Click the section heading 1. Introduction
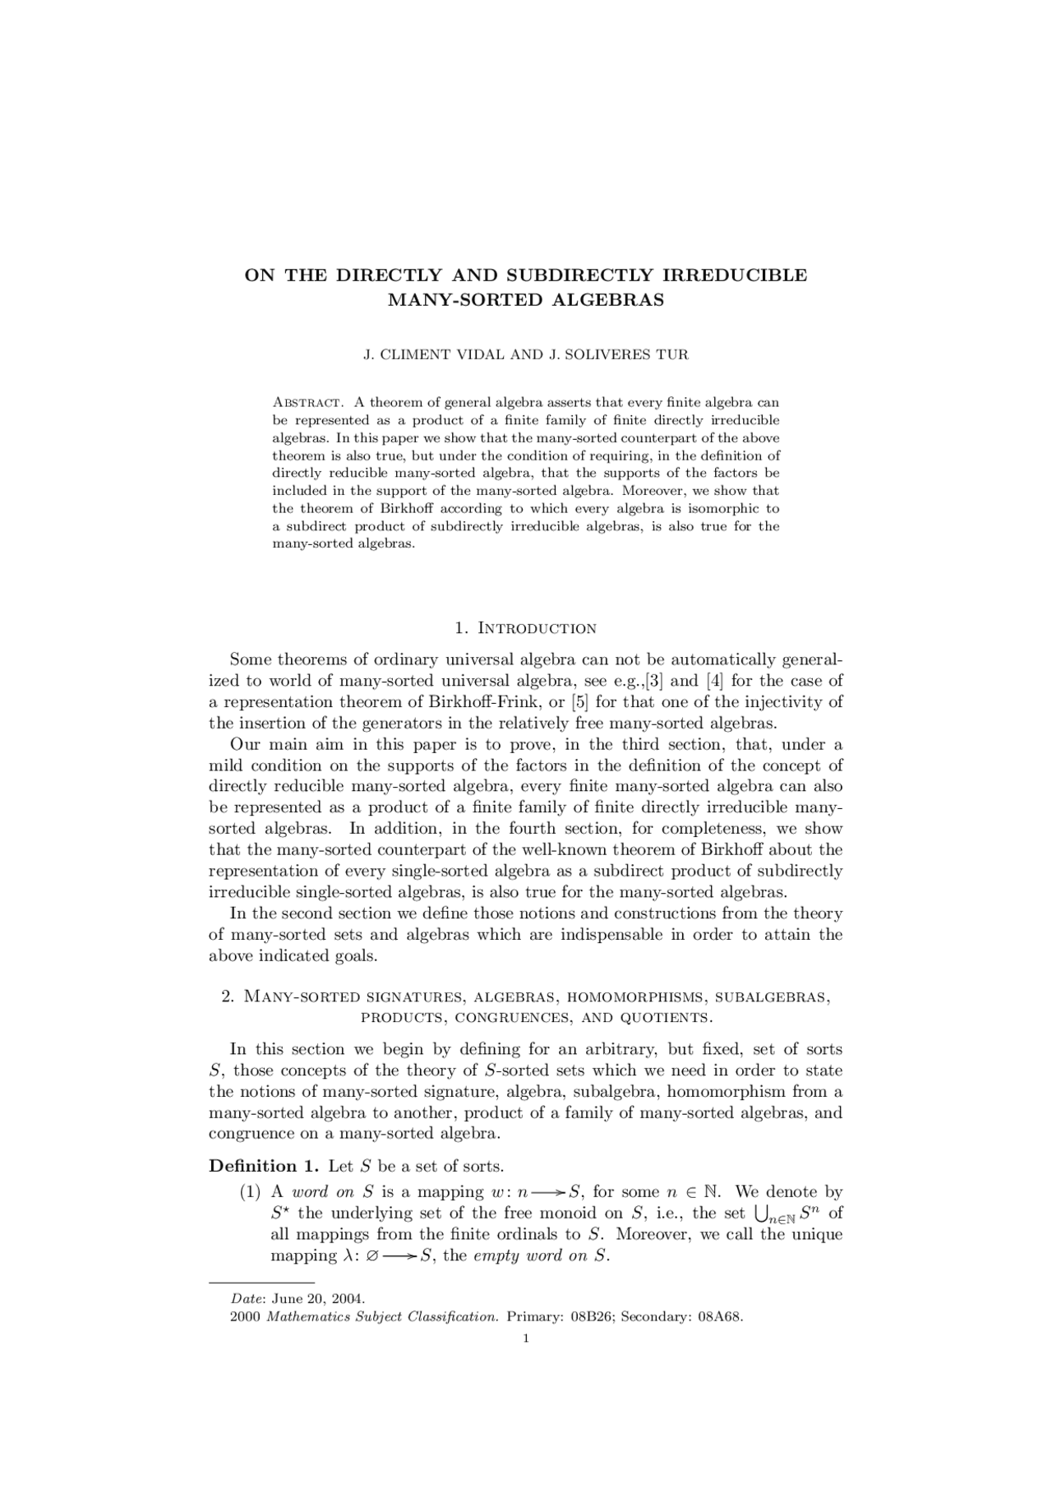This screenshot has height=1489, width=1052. tap(525, 628)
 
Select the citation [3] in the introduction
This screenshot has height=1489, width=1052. tap(656, 681)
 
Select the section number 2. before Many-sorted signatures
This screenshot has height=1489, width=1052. tap(228, 997)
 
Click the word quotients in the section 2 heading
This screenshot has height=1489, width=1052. tap(662, 1018)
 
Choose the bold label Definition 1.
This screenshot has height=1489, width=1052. tap(264, 1167)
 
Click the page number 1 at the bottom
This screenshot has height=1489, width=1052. tap(525, 1339)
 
